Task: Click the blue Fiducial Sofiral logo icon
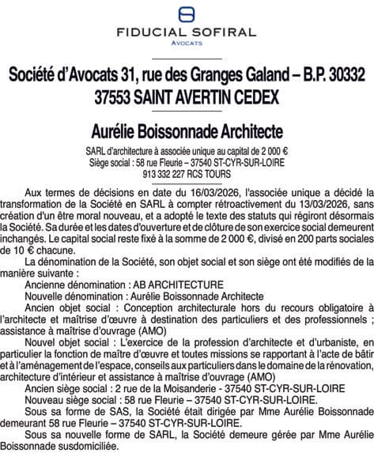coord(187,13)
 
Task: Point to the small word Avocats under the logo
coord(187,44)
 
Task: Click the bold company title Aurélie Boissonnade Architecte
coord(187,128)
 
